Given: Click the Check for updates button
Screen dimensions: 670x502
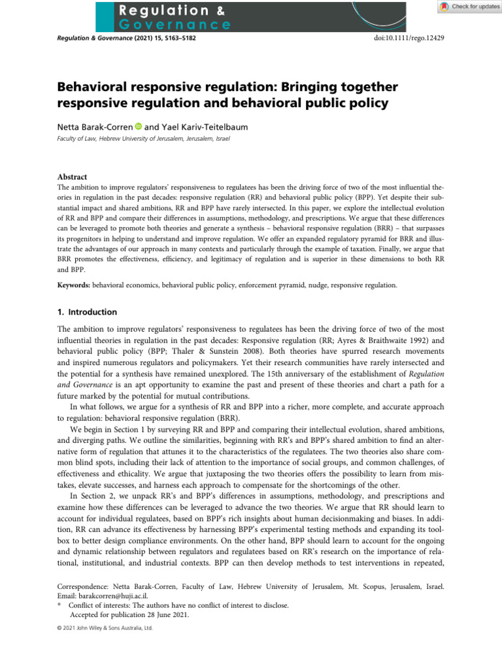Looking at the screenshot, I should (465, 7).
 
